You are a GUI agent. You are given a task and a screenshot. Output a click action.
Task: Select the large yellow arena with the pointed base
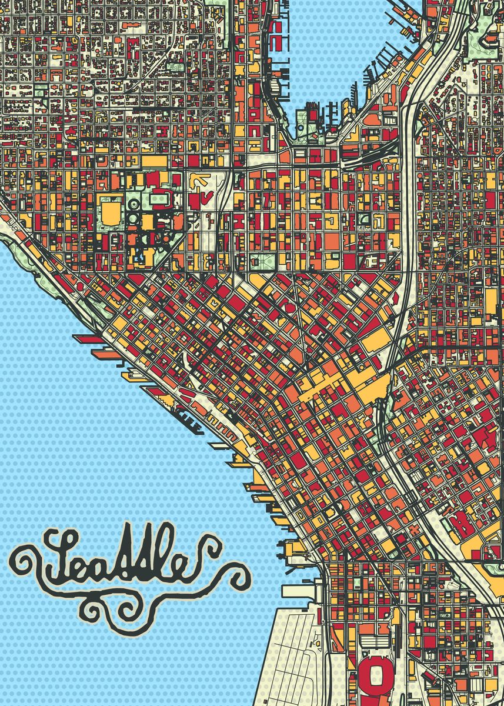pos(111,213)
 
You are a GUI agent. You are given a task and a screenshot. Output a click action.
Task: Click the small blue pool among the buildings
pos(139,257)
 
